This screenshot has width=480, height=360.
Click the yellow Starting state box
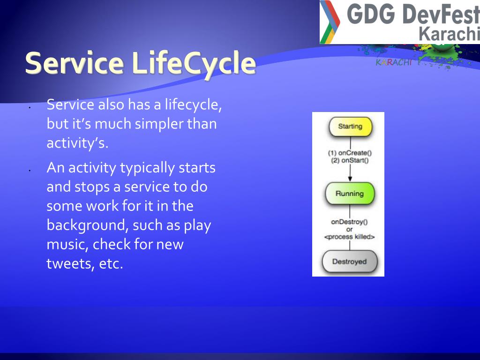pos(350,127)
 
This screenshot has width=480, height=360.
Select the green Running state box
pos(350,194)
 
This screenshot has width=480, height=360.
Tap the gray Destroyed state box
pos(350,262)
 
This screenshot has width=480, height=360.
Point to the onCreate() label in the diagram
pos(355,153)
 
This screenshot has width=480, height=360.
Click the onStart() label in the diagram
pos(355,160)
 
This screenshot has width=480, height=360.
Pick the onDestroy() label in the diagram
pos(349,222)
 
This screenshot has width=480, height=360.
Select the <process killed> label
pos(349,237)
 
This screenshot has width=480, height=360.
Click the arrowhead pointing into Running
pos(350,179)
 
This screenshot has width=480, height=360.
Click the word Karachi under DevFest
pos(449,33)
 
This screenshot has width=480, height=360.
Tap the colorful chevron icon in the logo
pos(330,22)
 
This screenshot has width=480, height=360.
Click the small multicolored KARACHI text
pos(394,62)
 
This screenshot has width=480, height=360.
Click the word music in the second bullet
pos(67,245)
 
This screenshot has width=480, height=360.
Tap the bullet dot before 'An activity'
pos(30,170)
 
